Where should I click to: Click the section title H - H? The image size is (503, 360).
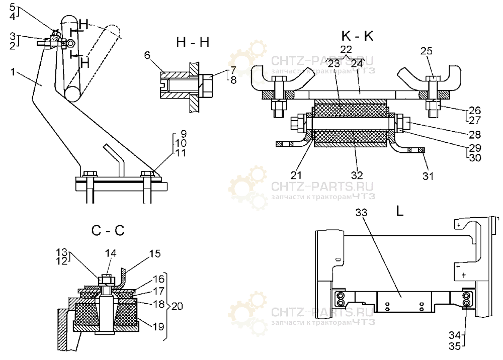[193, 43]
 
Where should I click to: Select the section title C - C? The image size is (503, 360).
[108, 231]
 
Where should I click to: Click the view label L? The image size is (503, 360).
[400, 212]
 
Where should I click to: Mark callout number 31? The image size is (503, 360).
[428, 175]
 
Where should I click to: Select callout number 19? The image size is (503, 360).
[158, 326]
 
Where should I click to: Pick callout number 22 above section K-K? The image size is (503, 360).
[346, 48]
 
